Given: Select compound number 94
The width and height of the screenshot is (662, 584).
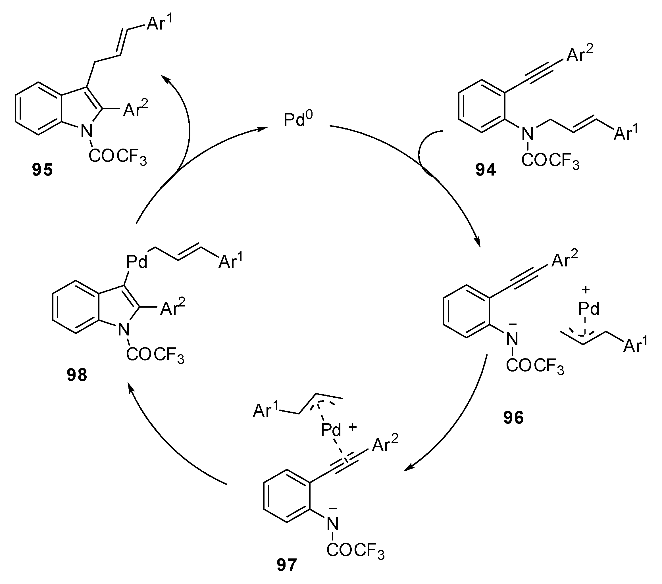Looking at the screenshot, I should coord(486,170).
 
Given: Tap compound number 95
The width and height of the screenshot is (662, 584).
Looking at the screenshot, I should coord(42,170).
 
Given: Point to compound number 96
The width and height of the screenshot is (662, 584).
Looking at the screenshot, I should coord(513,418).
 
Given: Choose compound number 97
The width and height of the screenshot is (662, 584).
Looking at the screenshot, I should coord(287,565).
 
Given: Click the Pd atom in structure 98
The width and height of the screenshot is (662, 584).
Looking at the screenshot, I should coord(137,262).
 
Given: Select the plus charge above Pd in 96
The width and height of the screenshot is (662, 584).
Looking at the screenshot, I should coord(586,290).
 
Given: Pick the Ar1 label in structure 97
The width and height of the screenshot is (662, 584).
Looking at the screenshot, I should coord(266,410).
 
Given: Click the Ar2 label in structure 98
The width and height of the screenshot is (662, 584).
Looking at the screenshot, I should coord(172,308).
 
